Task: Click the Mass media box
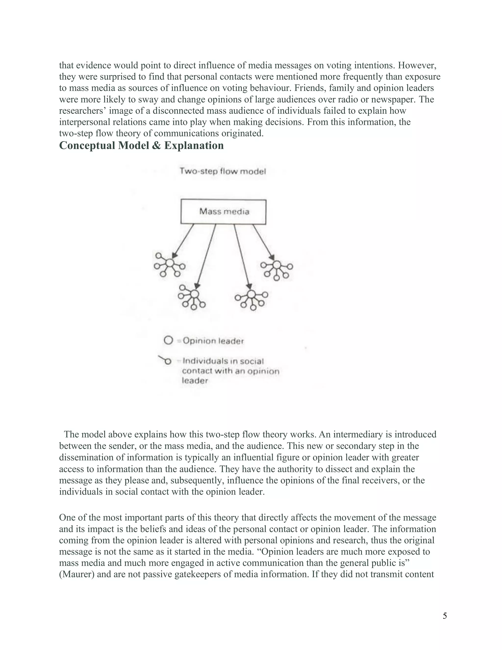(x=223, y=212)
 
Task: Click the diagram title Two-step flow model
(x=223, y=171)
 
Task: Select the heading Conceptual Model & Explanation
(x=141, y=145)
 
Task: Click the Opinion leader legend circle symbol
(x=168, y=340)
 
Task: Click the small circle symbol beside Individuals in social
(x=168, y=362)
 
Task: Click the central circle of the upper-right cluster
(x=276, y=265)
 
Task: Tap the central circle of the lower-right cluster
(x=251, y=294)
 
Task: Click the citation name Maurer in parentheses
(x=77, y=574)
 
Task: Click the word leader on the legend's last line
(x=195, y=381)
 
